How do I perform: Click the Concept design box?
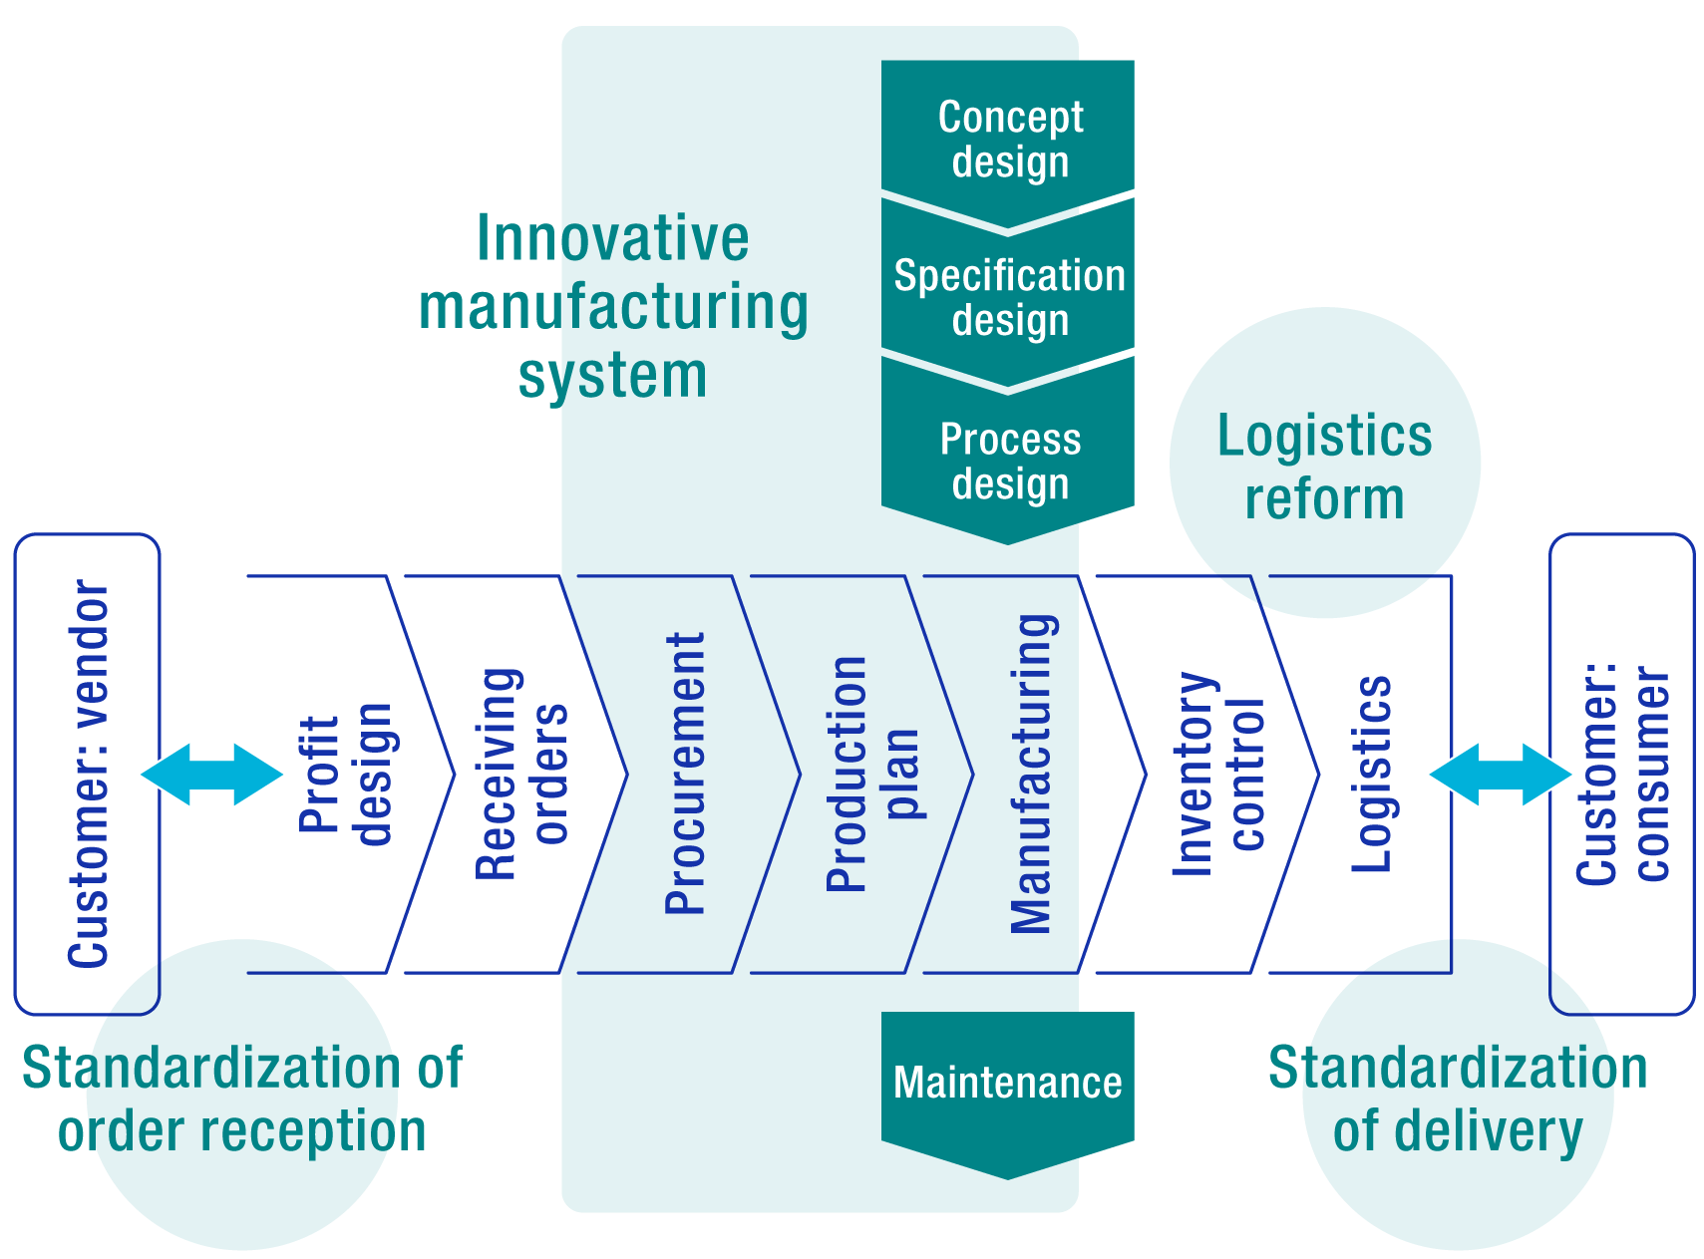pos(1008,139)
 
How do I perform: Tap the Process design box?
pos(1008,460)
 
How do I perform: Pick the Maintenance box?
pos(1008,1083)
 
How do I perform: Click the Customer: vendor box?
pos(88,774)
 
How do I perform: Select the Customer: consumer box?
pos(1622,774)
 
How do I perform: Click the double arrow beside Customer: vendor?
pos(213,774)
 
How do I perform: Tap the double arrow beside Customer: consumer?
pos(1501,774)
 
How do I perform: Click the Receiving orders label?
pos(520,774)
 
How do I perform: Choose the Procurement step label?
pos(685,774)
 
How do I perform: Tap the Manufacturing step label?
pos(1032,774)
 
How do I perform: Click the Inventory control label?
pos(1216,774)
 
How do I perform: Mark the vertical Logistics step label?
pos(1371,774)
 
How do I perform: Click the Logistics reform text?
pos(1324,467)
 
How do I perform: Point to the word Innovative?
pos(612,238)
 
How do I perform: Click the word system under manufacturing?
pos(612,376)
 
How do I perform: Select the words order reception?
pos(242,1131)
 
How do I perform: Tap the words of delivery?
pos(1458,1131)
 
